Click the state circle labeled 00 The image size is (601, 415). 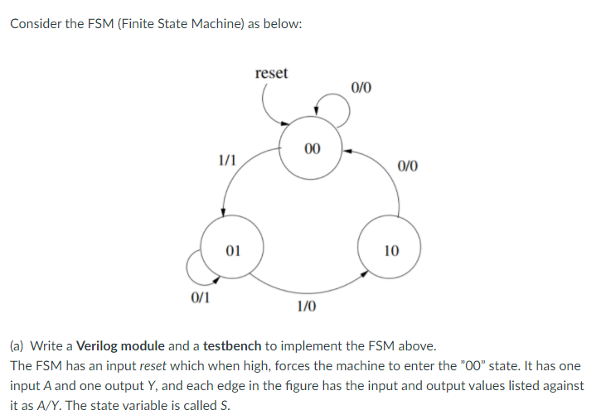311,149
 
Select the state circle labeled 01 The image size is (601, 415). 233,248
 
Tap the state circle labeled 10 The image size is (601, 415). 390,249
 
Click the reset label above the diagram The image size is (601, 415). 272,73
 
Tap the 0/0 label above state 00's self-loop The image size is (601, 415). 361,87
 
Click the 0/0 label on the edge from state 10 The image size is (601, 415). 408,166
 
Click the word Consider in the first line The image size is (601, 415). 36,23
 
